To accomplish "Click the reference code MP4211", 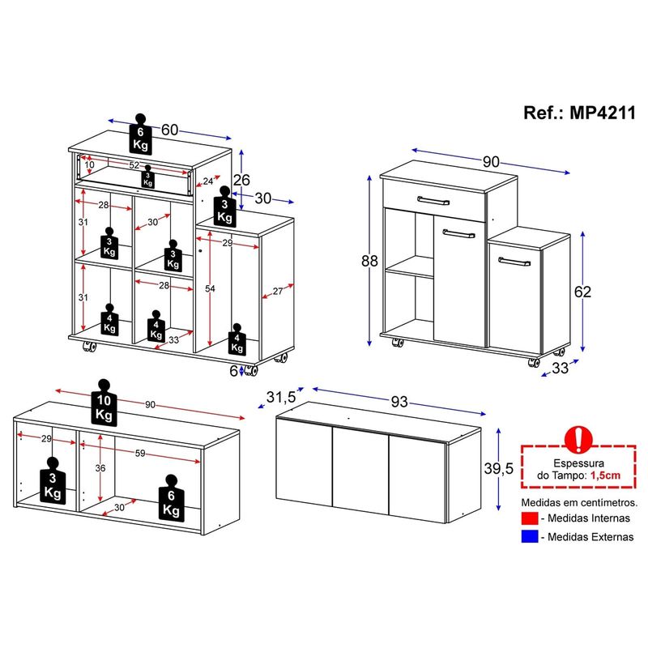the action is point(602,113).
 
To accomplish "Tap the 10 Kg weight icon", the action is point(104,402).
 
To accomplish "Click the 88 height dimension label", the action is point(369,261).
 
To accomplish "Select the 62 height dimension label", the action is point(582,292).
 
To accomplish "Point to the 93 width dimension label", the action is point(399,402).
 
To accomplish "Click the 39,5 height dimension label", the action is point(499,468).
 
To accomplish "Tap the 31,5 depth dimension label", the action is point(281,397).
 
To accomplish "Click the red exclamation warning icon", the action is point(578,439).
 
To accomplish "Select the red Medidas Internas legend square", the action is point(530,518).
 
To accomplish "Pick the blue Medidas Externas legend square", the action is point(530,536).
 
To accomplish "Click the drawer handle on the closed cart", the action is point(433,200).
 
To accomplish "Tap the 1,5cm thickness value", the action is point(605,475).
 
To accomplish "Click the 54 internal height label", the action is point(210,288).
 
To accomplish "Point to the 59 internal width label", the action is point(140,454).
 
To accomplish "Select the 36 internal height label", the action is point(100,468).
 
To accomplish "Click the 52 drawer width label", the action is point(134,165).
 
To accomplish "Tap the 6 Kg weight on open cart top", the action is point(140,134).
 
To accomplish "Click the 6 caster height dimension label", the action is point(234,371).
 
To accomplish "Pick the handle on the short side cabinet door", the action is point(514,262).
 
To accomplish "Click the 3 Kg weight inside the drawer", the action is point(147,177).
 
